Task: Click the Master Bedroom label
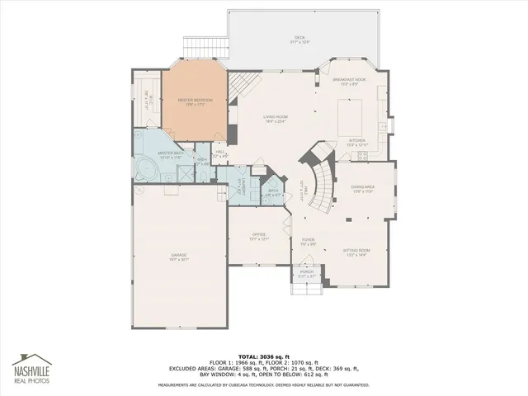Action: [194, 101]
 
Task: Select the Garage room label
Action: [179, 257]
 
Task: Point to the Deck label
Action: [299, 39]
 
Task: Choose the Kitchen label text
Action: [357, 143]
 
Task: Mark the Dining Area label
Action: [364, 189]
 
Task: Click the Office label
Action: [259, 237]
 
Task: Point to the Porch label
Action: [306, 273]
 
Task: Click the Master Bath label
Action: [171, 154]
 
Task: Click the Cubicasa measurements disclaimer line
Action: [263, 384]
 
